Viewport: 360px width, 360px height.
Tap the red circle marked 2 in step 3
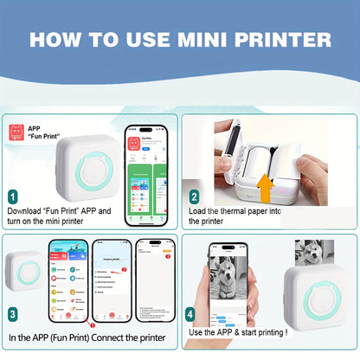(124, 270)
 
